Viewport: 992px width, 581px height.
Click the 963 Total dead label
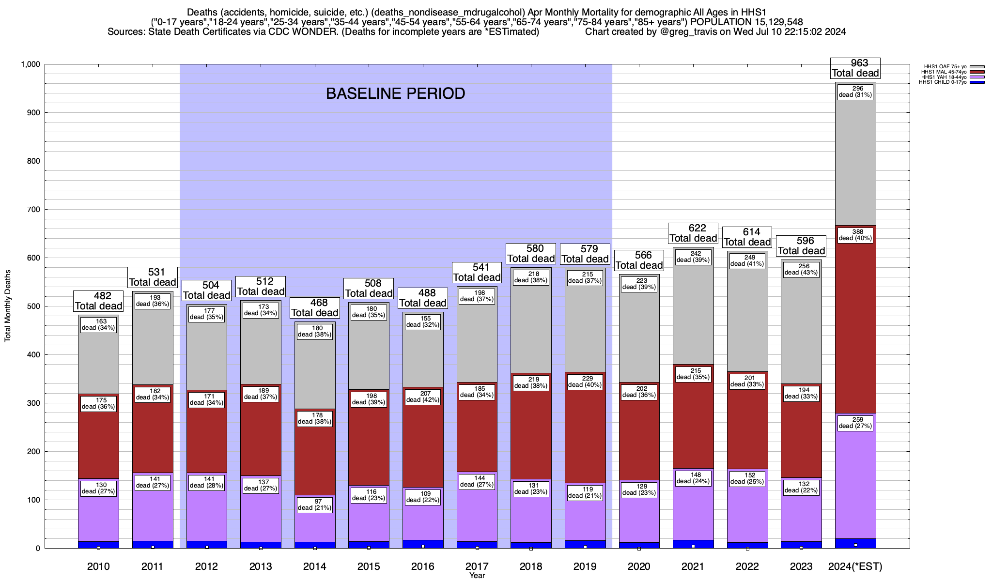855,68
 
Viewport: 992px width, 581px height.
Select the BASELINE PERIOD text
395,93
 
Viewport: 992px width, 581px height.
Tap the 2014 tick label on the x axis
314,566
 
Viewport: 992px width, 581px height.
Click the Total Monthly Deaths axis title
8,306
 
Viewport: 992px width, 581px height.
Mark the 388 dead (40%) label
855,235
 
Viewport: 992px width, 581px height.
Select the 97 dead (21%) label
314,505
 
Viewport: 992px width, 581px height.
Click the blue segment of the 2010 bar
98,545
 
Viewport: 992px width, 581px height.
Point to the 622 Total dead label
693,233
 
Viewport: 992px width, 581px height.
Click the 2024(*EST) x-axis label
855,566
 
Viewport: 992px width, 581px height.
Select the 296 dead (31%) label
855,92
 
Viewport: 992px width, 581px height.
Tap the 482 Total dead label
98,301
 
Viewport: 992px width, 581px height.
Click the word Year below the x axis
477,576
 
